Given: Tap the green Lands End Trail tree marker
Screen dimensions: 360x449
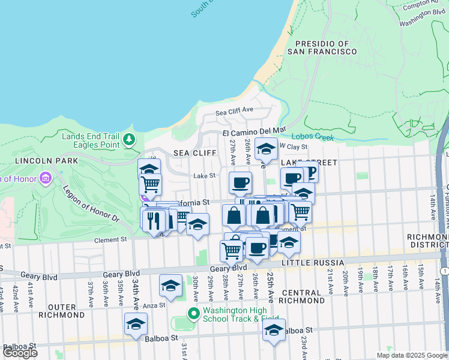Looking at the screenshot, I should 128,140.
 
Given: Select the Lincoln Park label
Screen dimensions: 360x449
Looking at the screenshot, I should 47,161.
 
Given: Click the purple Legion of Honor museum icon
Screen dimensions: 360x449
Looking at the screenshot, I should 45,178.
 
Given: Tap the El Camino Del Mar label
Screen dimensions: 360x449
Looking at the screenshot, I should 254,130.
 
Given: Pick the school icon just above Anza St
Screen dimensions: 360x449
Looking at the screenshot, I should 171,286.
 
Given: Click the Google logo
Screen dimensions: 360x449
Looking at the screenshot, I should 20,352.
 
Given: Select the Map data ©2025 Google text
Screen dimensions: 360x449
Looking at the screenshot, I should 411,355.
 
